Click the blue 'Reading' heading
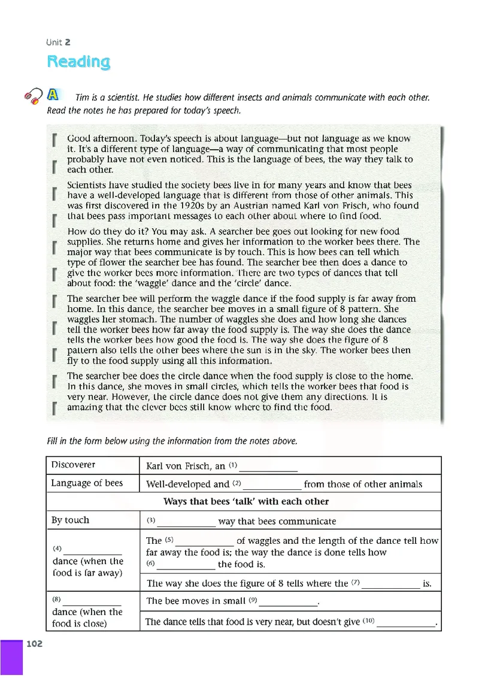pos(78,62)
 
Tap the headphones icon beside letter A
pos(32,96)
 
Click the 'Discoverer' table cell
pos(73,465)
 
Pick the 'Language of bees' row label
pos(87,483)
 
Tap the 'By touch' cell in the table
pos(70,520)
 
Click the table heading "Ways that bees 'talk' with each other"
pos(245,501)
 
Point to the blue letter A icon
pos(52,94)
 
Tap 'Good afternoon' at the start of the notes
pos(96,138)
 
